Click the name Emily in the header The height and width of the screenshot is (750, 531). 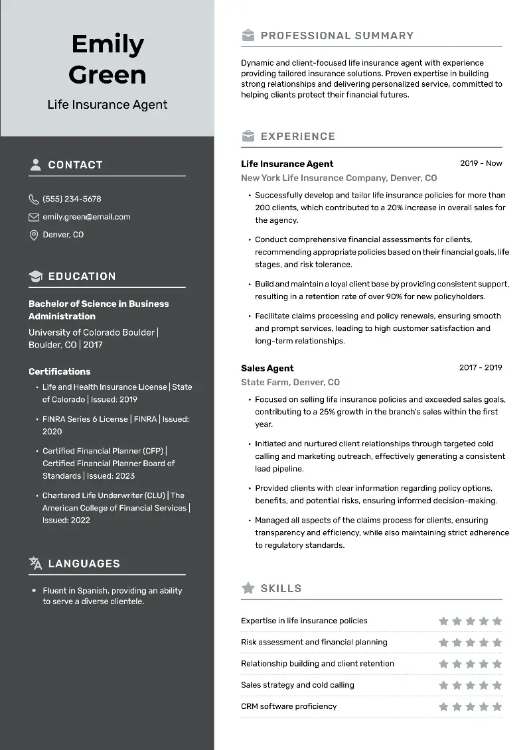108,44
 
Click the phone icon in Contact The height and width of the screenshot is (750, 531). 34,199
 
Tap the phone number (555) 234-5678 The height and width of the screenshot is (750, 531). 72,199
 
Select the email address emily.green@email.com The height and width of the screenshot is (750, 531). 86,217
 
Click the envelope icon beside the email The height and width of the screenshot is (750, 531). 34,217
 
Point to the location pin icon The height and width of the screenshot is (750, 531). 34,235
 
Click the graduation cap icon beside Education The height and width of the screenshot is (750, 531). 35,276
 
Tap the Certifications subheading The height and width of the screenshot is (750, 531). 59,371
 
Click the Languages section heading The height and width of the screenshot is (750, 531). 84,564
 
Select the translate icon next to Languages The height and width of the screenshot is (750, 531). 35,564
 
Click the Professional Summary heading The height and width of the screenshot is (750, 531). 337,36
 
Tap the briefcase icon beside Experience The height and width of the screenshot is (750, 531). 248,137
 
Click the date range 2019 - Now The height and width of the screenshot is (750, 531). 481,163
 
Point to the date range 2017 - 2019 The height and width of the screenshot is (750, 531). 481,367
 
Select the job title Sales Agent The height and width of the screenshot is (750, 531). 267,368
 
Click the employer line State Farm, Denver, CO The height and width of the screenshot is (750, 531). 290,382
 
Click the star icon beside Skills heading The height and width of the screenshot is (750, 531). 248,588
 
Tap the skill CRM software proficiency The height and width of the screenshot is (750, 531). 289,706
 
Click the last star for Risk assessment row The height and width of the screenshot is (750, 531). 497,643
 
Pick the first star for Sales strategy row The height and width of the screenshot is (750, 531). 443,686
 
